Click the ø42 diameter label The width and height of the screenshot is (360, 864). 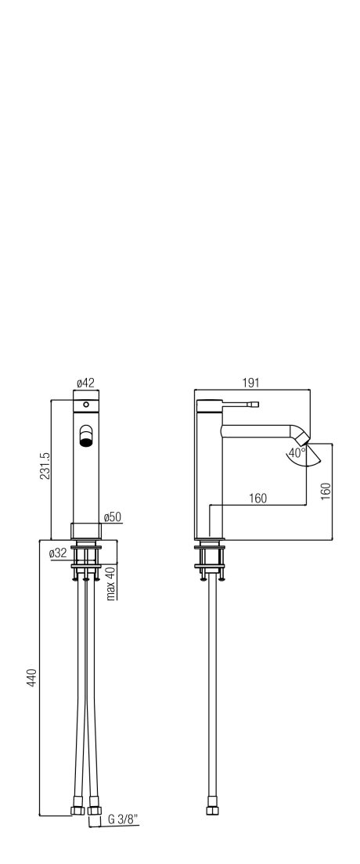pyautogui.click(x=85, y=383)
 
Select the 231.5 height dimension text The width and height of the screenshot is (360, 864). pyautogui.click(x=45, y=466)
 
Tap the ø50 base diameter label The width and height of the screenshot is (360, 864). pyautogui.click(x=113, y=517)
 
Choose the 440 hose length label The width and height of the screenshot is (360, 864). pyautogui.click(x=31, y=678)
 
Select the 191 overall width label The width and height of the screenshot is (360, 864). pyautogui.click(x=250, y=383)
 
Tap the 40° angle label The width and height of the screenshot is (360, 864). pyautogui.click(x=296, y=453)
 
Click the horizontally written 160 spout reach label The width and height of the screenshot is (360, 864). pyautogui.click(x=257, y=499)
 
